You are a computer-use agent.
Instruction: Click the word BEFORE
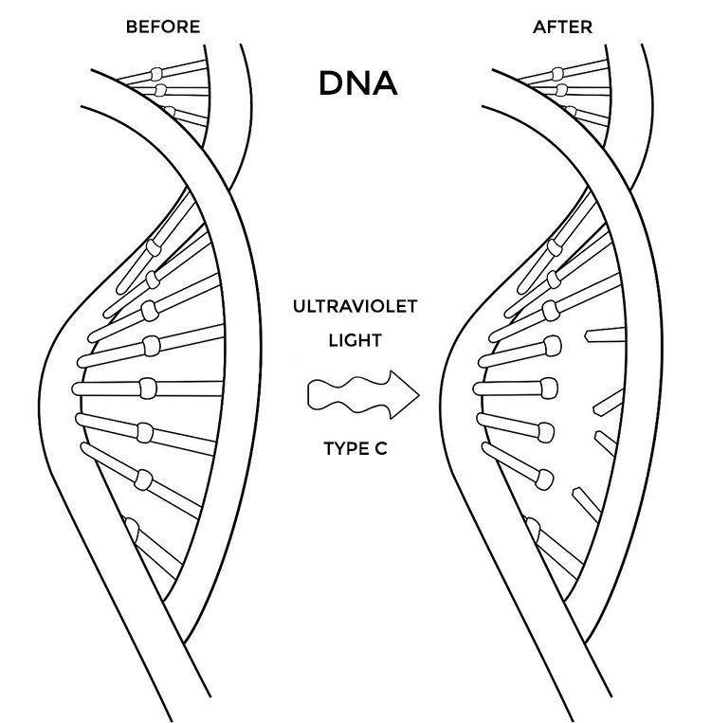163,27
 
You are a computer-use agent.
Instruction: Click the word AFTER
562,27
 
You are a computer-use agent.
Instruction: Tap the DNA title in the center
357,84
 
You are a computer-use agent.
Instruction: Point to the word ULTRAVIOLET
355,307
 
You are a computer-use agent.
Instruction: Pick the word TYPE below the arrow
343,448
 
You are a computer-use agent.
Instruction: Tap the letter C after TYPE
380,448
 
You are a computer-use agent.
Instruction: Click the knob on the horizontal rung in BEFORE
149,388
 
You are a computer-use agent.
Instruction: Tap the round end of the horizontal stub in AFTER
548,388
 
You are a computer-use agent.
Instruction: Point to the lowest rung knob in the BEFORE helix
132,529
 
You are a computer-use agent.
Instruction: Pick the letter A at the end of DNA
384,84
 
